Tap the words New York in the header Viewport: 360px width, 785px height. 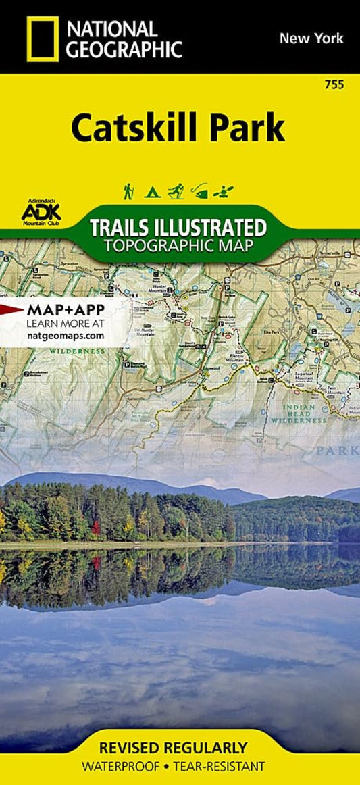[311, 38]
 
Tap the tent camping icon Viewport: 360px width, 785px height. [152, 191]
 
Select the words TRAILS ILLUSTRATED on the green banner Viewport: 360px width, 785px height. [178, 226]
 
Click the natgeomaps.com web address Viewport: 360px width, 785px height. [64, 334]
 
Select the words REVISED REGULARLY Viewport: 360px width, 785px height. [174, 748]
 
